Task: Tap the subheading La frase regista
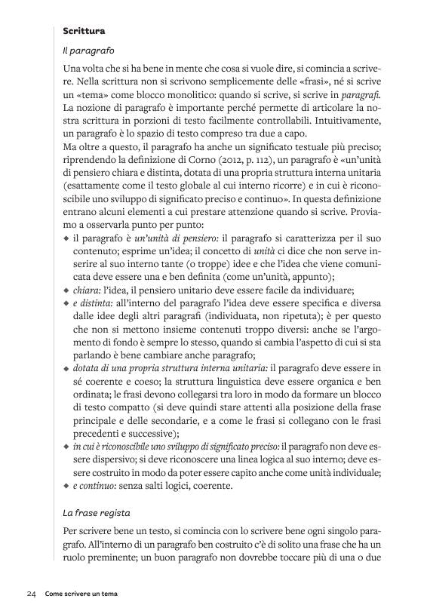pos(97,513)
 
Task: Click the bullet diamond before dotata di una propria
pos(66,367)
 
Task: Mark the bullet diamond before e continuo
pos(66,485)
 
